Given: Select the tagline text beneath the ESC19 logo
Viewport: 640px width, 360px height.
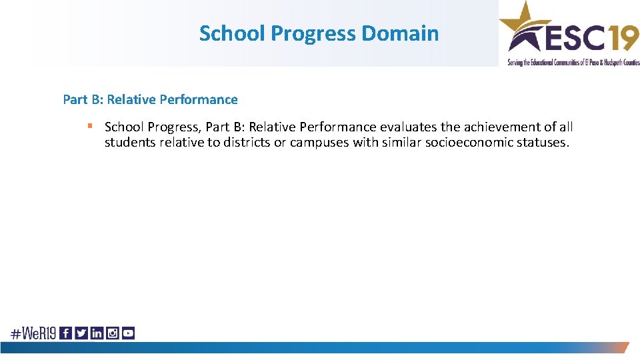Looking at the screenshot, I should pos(573,62).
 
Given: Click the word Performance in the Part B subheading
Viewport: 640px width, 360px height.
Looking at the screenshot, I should pos(199,99).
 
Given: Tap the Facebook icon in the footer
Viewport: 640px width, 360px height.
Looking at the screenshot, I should pos(66,333).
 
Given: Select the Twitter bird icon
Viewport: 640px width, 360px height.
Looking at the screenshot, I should pos(81,333).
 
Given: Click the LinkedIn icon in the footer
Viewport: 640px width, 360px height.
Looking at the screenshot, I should pos(97,333).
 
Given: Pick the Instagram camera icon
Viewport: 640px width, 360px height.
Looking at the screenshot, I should pos(112,333).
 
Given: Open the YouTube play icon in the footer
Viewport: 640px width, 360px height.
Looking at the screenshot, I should pos(128,333).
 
